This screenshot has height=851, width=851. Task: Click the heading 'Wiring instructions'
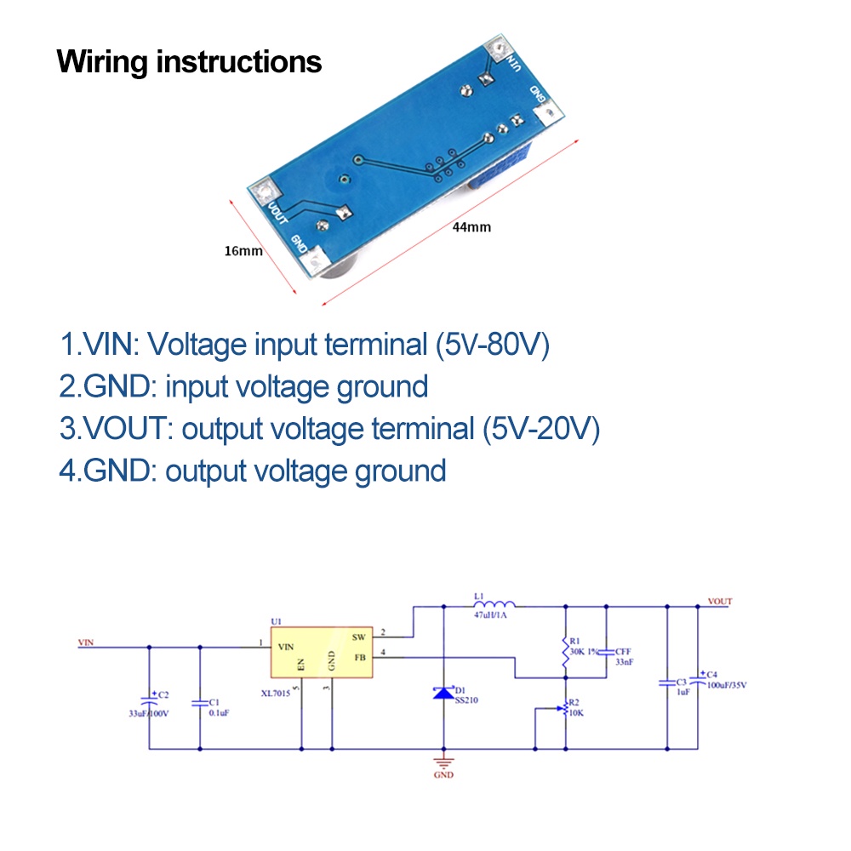(x=189, y=62)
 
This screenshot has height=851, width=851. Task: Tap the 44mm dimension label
(x=473, y=227)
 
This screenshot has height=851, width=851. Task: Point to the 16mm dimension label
(x=243, y=251)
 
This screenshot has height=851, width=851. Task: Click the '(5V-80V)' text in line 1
(x=492, y=345)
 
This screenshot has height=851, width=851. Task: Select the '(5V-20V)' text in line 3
(x=541, y=428)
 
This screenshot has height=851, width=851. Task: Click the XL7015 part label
(x=276, y=692)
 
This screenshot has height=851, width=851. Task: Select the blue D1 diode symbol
(x=443, y=693)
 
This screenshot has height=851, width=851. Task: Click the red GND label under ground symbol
(x=443, y=775)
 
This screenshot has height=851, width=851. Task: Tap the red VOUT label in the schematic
(x=719, y=602)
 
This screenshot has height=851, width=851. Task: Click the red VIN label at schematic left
(x=85, y=643)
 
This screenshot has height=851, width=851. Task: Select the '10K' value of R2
(x=576, y=713)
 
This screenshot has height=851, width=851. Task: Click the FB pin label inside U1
(x=358, y=656)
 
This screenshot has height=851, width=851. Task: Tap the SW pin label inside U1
(x=358, y=636)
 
